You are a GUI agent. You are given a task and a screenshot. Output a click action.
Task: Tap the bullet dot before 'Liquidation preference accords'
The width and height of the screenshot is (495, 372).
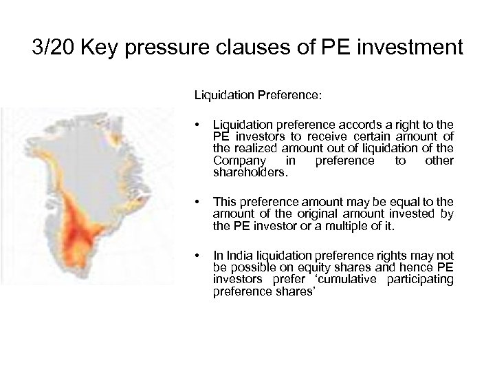(198, 125)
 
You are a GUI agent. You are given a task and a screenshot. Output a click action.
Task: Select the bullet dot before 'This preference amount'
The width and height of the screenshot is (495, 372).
(198, 202)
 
